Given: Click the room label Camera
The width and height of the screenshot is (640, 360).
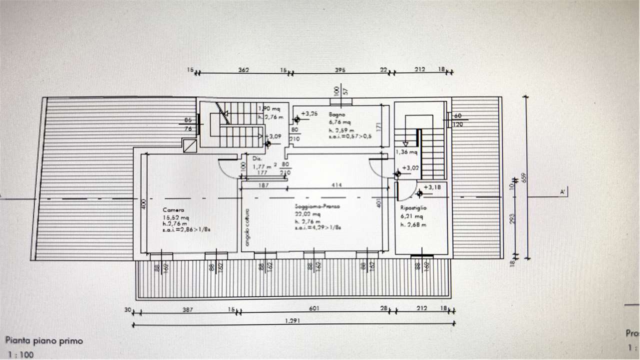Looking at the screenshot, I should click(x=173, y=210).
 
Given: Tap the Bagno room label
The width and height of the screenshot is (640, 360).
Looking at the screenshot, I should click(x=334, y=114).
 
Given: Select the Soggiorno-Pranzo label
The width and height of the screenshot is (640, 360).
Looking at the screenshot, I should click(x=317, y=206).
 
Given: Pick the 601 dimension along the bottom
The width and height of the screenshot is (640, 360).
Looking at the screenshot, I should click(x=314, y=308).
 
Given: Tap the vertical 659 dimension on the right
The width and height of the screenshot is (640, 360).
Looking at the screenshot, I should click(x=524, y=177).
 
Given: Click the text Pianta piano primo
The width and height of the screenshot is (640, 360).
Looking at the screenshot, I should click(x=44, y=341).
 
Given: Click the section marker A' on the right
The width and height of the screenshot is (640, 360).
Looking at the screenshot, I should click(x=563, y=191).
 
